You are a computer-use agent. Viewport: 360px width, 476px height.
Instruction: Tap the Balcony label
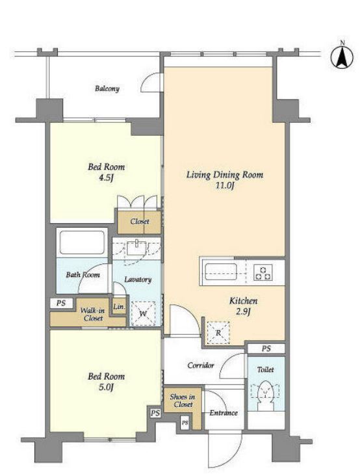pos(107,88)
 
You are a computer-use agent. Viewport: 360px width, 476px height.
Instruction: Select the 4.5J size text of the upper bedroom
pos(106,178)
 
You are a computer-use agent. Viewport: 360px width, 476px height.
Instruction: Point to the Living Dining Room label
pos(225,175)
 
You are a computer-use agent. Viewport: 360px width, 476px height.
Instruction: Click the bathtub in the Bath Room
pos(82,243)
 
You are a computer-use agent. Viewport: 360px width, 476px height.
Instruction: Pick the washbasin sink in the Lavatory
pos(136,248)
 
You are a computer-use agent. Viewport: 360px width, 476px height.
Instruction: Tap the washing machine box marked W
pos(143,313)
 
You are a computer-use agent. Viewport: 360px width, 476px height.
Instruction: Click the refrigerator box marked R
pos(218,333)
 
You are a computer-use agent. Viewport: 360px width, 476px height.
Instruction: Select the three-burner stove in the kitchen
pos(263,272)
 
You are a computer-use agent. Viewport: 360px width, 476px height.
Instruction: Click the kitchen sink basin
pos(220,272)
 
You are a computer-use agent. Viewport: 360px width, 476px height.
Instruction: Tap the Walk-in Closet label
pos(93,314)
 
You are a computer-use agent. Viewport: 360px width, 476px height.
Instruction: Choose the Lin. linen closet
pos(119,307)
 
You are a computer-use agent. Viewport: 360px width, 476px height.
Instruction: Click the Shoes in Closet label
pos(183,401)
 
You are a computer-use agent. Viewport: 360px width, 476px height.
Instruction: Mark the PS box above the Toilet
pos(266,349)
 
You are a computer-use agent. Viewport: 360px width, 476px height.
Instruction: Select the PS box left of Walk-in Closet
pos(62,303)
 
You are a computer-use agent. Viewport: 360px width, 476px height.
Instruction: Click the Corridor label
pos(201,365)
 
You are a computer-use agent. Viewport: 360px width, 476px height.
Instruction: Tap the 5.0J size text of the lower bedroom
pos(106,388)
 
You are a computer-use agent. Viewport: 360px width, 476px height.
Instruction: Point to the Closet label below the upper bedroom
pos(140,221)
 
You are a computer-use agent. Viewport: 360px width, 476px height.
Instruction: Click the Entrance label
pos(224,413)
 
